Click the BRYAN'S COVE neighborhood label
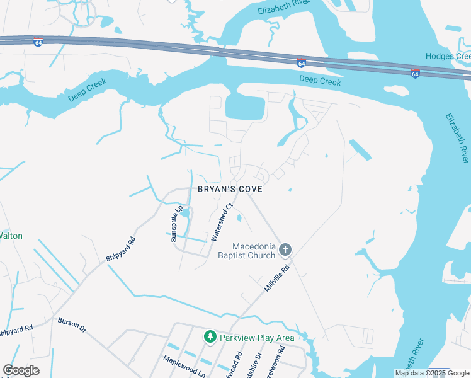[x=230, y=189]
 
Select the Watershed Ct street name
[x=222, y=222]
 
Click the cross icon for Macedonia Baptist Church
[x=285, y=251]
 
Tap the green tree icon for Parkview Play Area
[x=210, y=338]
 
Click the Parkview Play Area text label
[x=257, y=338]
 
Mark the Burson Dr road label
[x=72, y=325]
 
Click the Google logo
[x=21, y=370]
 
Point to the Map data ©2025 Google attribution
[x=432, y=373]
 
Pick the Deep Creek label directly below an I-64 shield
[x=320, y=81]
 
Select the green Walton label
[x=11, y=236]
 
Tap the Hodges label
[x=448, y=56]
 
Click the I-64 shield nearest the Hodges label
[x=415, y=73]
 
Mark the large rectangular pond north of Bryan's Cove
[x=244, y=107]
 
